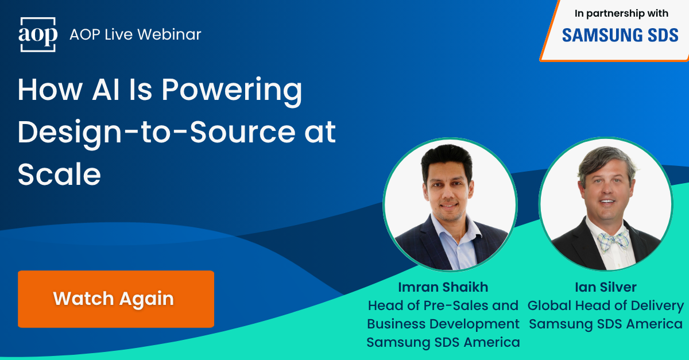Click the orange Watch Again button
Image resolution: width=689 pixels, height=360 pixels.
tap(116, 299)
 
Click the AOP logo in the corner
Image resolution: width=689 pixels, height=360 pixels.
tap(38, 34)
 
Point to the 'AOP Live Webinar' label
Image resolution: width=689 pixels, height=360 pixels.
tap(136, 34)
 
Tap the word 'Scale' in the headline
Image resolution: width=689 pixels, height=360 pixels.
tap(59, 174)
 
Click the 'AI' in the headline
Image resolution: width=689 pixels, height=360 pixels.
tap(127, 90)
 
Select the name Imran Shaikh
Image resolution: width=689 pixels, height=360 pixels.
tap(443, 288)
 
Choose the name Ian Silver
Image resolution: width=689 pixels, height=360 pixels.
tap(606, 288)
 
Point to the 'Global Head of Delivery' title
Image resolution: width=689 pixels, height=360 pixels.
tap(606, 305)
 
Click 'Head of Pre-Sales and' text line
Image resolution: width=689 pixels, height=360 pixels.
tap(443, 305)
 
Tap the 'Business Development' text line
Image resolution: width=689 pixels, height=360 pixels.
tap(443, 324)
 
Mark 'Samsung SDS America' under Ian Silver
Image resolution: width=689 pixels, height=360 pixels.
tap(606, 324)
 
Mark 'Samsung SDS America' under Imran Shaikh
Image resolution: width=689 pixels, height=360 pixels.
tap(443, 342)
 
